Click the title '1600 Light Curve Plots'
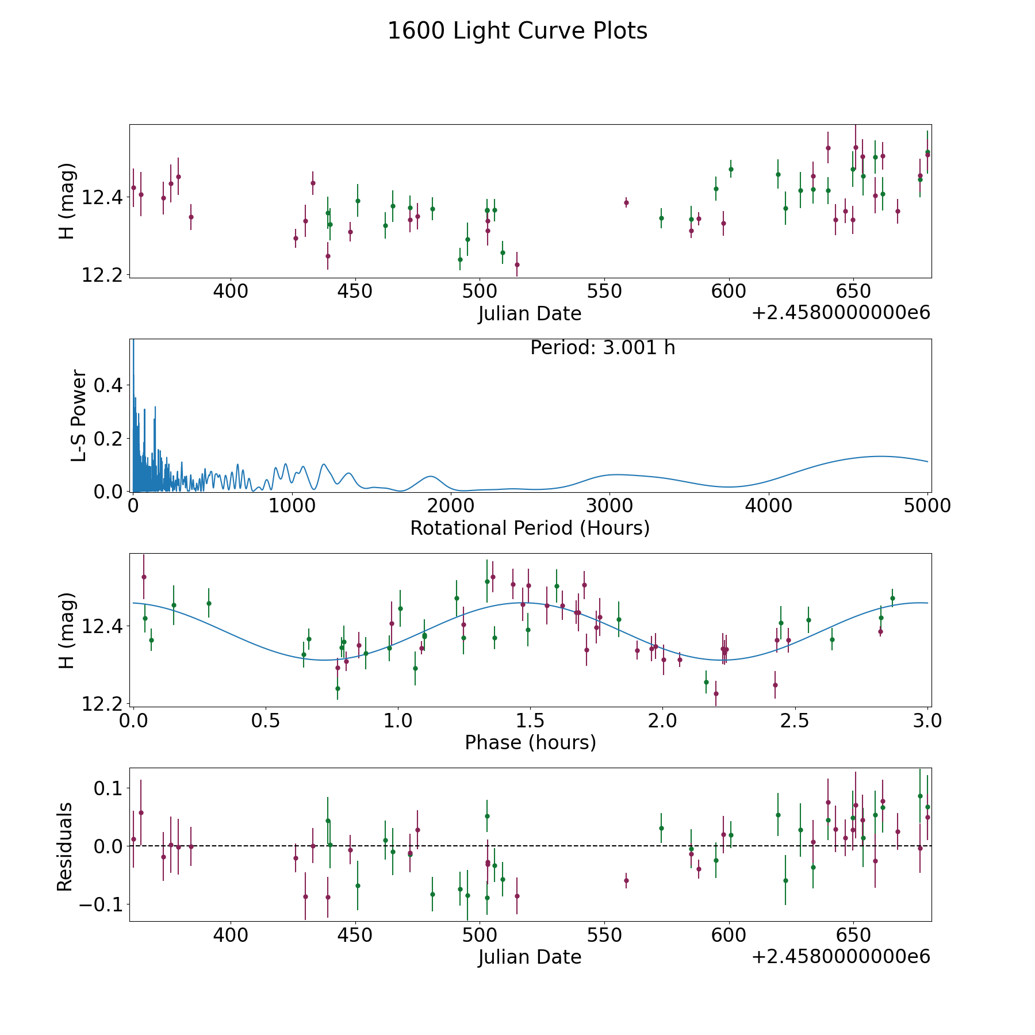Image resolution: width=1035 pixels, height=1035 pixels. (x=517, y=31)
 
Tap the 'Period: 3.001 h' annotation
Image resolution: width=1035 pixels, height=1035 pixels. (x=603, y=348)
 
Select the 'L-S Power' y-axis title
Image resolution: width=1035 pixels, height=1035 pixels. (x=79, y=416)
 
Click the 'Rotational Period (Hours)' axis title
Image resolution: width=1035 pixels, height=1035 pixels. (x=530, y=528)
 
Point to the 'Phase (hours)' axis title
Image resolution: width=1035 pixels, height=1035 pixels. (x=530, y=742)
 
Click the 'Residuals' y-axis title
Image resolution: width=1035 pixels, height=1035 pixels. (x=65, y=846)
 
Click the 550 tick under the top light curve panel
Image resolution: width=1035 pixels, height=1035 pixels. (x=604, y=292)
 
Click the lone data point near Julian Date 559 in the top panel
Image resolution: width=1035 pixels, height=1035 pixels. (x=626, y=202)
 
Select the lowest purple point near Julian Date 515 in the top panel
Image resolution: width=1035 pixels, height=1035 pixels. (x=517, y=264)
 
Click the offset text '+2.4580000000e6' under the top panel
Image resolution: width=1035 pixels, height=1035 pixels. (x=841, y=313)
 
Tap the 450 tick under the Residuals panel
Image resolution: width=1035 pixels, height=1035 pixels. (x=355, y=936)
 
